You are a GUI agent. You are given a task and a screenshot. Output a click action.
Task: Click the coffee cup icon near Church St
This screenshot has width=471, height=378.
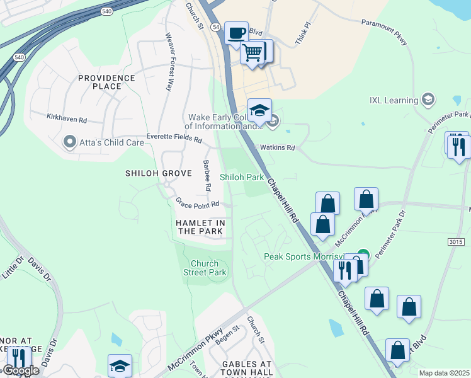[236, 33]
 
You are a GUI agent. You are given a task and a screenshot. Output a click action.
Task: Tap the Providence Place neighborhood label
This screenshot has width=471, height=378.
[106, 82]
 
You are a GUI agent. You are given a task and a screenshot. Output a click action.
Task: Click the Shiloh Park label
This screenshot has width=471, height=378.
[242, 177]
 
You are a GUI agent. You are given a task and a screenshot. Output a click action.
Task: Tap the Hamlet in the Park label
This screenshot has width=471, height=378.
[200, 227]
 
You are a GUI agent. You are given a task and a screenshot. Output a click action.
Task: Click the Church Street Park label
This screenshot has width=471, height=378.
[204, 268]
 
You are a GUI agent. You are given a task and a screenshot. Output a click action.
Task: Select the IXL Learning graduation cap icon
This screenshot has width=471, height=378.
[428, 100]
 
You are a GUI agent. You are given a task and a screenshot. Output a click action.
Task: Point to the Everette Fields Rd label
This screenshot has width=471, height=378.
[174, 137]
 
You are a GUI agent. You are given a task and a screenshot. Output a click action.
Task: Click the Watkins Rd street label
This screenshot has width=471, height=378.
[278, 148]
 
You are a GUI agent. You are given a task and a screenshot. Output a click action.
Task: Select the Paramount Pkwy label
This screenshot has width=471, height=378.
[385, 31]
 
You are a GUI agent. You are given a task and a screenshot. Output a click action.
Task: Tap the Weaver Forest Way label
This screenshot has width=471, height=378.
[169, 62]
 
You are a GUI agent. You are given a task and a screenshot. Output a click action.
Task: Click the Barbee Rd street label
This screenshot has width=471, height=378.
[207, 176]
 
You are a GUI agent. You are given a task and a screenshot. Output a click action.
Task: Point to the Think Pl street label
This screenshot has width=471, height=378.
[304, 35]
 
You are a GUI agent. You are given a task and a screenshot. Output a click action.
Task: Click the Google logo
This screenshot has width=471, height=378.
[20, 371]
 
